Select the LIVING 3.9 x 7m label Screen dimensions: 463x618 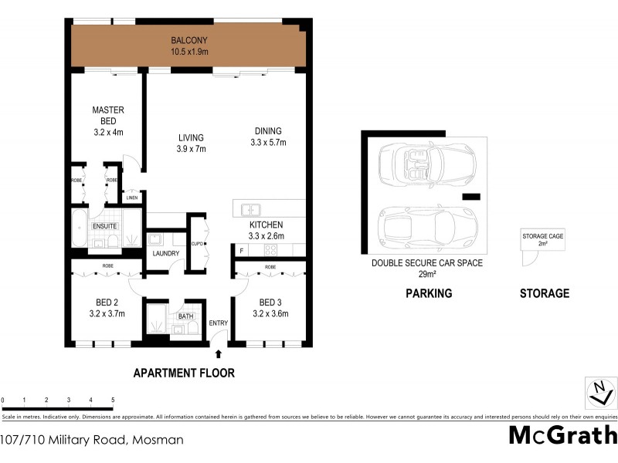[191, 144]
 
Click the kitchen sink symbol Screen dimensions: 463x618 [250, 209]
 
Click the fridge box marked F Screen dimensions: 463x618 [242, 251]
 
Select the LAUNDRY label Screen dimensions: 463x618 [166, 254]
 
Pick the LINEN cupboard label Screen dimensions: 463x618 [133, 198]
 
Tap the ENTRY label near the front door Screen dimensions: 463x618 [219, 323]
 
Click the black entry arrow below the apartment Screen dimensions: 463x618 [219, 354]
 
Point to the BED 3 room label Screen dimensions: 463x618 [273, 307]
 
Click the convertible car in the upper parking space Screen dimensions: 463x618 [426, 163]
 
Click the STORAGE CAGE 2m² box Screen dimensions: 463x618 [543, 241]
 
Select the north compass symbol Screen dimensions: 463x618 [596, 393]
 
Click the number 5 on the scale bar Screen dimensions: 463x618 [113, 400]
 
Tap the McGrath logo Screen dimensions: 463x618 [563, 435]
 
